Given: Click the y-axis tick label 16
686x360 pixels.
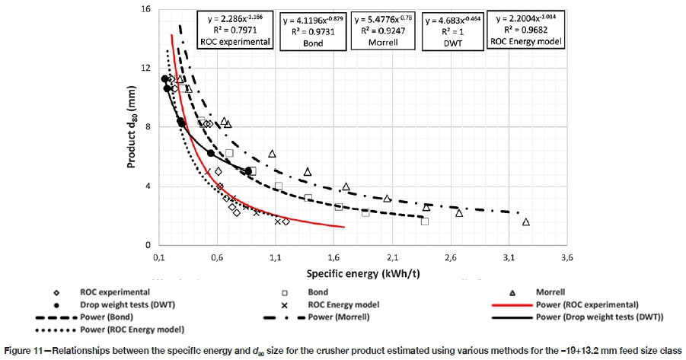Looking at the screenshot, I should pyautogui.click(x=145, y=9).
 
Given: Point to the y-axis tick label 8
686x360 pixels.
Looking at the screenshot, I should pyautogui.click(x=147, y=126).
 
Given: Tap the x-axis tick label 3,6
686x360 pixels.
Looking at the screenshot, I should pyautogui.click(x=566, y=258).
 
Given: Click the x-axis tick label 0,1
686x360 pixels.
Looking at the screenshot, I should pyautogui.click(x=159, y=258).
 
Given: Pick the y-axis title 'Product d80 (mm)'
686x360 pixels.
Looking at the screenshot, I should pyautogui.click(x=129, y=126).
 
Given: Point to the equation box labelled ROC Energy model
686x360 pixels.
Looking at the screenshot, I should pyautogui.click(x=525, y=30).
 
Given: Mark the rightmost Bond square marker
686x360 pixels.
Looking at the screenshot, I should pyautogui.click(x=425, y=221).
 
